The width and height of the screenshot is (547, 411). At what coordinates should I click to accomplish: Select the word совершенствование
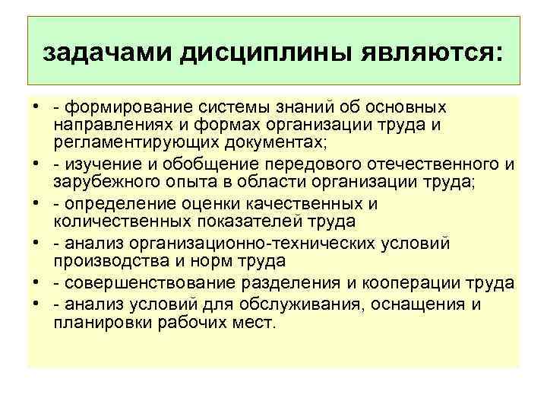[x=146, y=283]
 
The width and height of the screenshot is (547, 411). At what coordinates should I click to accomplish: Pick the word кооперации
[x=422, y=283]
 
